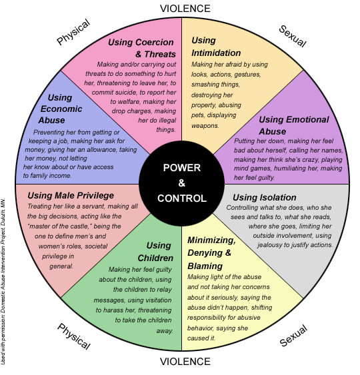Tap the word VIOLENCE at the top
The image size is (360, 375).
pos(185,9)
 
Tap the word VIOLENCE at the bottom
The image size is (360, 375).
pos(185,362)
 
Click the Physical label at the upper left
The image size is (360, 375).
pos(73,31)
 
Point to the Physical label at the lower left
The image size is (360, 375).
pos(73,336)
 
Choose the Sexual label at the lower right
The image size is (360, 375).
pos(293,335)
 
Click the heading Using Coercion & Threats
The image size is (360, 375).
pos(142,48)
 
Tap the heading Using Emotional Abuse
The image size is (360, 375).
pos(293,125)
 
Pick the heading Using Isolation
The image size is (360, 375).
pos(265,197)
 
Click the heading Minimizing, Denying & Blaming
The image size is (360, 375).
pos(211,252)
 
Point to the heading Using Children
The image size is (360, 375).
pos(159,252)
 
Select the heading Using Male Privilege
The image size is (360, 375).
pos(69,195)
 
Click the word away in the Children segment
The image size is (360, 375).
pos(164,330)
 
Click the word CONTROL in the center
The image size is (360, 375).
pos(182,198)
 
